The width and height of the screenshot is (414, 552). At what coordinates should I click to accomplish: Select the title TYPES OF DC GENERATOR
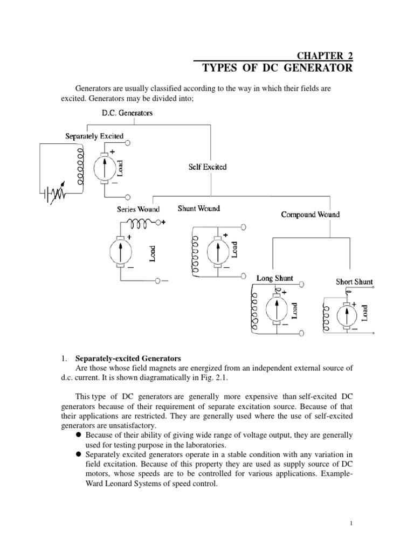[278, 68]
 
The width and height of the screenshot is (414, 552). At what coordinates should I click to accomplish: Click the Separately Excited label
[94, 136]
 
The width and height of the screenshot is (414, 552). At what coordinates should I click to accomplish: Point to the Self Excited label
[208, 167]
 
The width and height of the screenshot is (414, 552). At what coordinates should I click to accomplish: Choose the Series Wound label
[138, 209]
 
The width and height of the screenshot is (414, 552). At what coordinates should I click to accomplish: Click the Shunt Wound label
[199, 209]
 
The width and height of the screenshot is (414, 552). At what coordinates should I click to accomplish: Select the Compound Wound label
[310, 215]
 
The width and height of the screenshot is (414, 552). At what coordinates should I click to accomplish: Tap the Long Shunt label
[275, 278]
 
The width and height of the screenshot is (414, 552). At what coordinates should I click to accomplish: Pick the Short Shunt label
[354, 281]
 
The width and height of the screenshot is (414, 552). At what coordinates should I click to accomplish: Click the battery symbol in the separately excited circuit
[49, 191]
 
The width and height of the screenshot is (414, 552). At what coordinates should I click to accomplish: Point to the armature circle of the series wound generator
[121, 251]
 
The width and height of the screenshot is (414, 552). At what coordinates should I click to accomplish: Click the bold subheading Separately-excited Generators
[128, 357]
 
